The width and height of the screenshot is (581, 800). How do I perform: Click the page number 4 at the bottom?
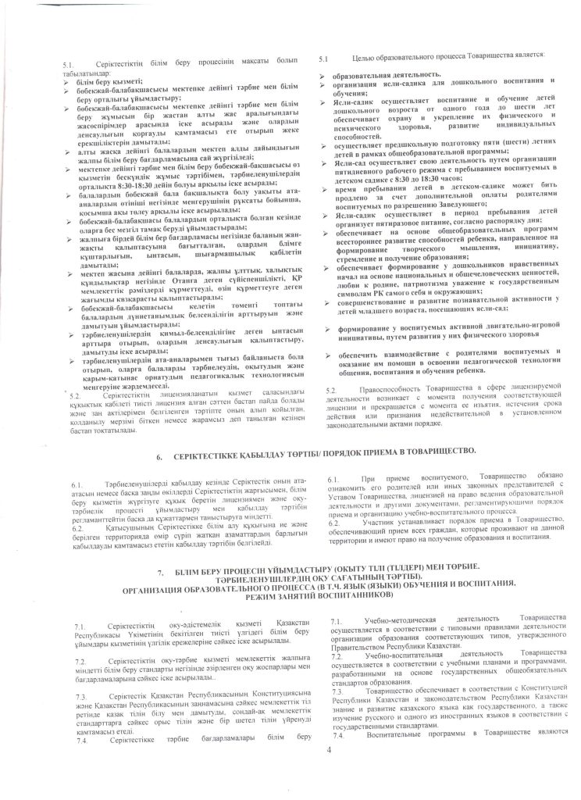pyautogui.click(x=330, y=750)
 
